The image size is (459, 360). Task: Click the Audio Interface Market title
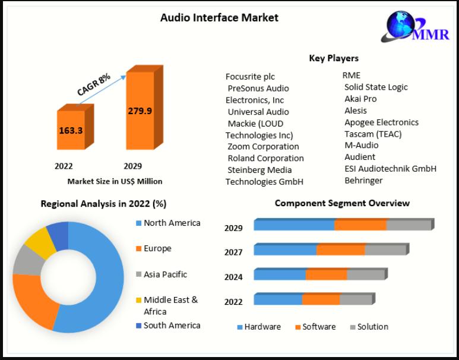(x=219, y=18)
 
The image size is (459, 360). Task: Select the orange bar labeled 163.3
(x=71, y=130)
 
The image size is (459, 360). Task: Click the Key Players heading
(x=334, y=58)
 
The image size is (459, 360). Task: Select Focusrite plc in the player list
(x=250, y=77)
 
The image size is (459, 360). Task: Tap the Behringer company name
(x=363, y=180)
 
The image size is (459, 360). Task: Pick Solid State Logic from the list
(x=376, y=87)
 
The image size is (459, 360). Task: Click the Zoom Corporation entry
(x=263, y=146)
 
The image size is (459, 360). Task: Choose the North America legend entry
(x=172, y=223)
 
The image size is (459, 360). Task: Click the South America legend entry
(x=172, y=326)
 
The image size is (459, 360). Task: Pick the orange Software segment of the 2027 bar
(x=340, y=250)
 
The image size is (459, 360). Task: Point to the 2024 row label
(x=233, y=277)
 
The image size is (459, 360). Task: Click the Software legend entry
(x=319, y=327)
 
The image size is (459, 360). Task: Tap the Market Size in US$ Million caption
(x=115, y=181)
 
